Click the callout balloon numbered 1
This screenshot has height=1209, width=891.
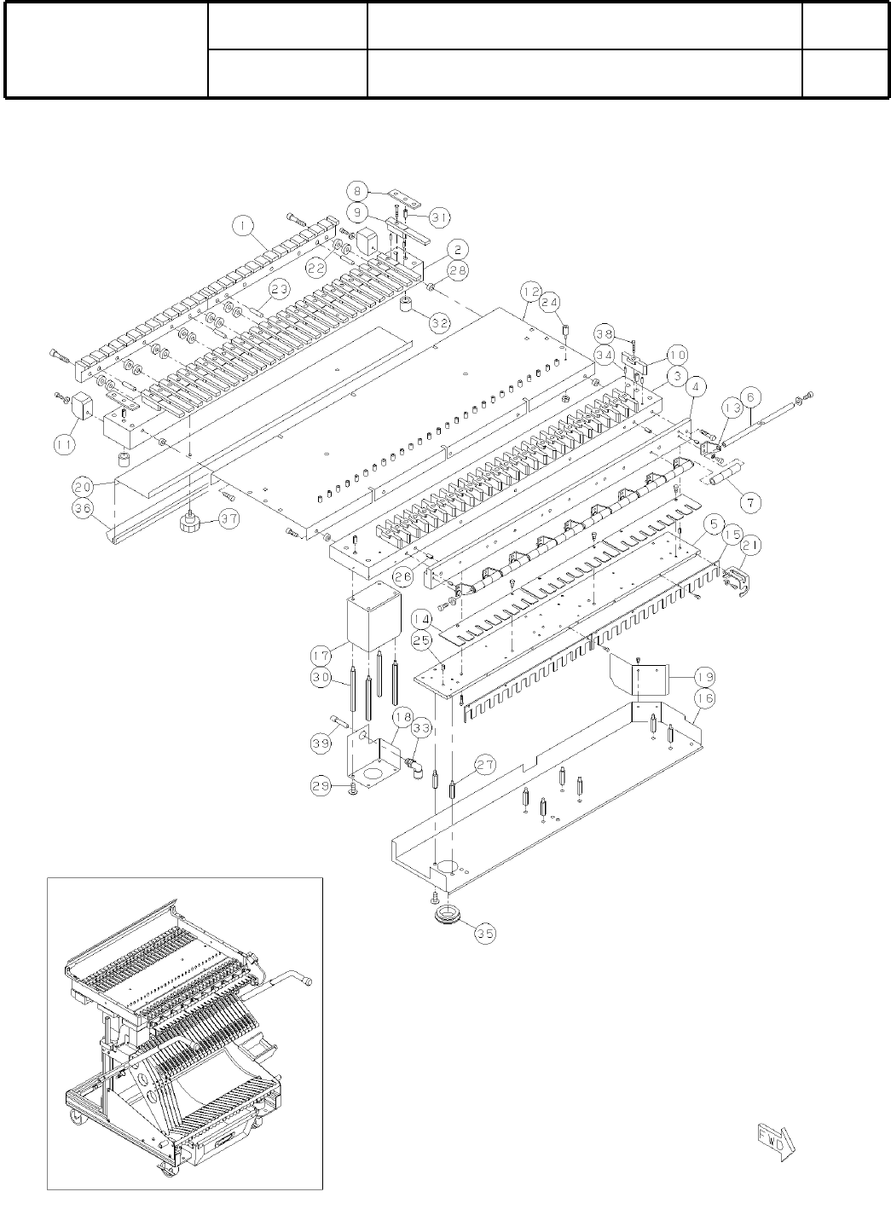click(244, 225)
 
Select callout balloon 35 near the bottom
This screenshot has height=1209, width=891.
click(484, 933)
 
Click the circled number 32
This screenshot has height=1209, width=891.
click(440, 322)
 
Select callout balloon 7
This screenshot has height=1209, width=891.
click(749, 503)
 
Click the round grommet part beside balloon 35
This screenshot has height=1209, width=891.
click(445, 917)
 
